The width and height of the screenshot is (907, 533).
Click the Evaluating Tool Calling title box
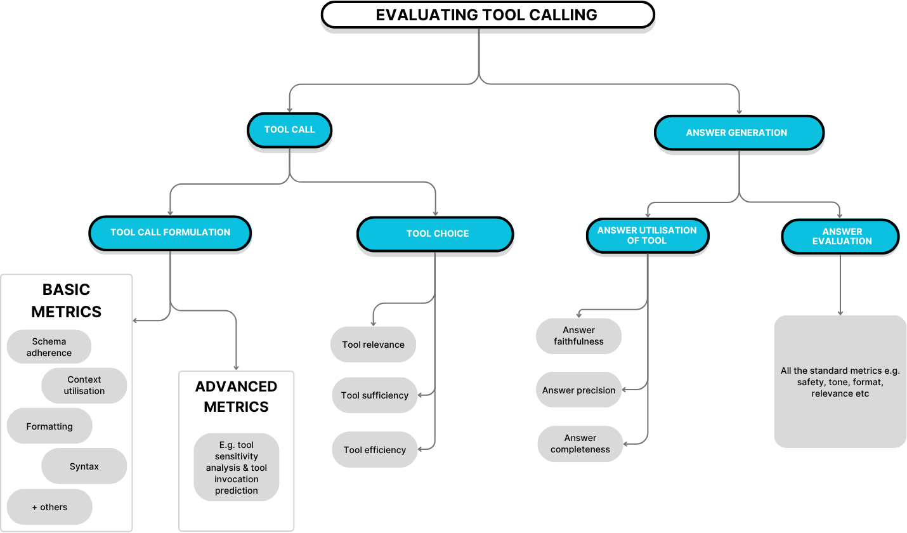click(486, 15)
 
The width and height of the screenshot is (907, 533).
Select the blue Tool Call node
click(289, 129)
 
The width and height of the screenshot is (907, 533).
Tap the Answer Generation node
click(738, 133)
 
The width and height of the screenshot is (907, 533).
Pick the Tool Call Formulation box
click(170, 232)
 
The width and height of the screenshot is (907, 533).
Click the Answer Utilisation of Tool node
click(647, 235)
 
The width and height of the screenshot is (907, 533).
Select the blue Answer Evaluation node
click(841, 236)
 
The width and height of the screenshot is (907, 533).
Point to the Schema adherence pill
click(49, 347)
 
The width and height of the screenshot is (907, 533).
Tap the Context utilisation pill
click(84, 385)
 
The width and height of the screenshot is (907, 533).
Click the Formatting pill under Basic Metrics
click(49, 426)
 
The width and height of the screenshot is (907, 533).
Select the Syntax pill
click(84, 466)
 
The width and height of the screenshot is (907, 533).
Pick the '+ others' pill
click(49, 507)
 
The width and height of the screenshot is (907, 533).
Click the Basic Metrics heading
click(67, 301)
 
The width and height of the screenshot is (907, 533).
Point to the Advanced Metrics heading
click(236, 397)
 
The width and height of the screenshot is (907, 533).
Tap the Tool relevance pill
click(373, 345)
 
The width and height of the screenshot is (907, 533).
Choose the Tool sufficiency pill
click(374, 395)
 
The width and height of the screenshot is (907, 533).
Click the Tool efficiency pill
click(374, 450)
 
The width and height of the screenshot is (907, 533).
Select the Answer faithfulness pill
click(578, 336)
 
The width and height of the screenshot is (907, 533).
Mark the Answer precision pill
click(578, 390)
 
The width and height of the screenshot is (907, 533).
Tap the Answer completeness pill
click(580, 444)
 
